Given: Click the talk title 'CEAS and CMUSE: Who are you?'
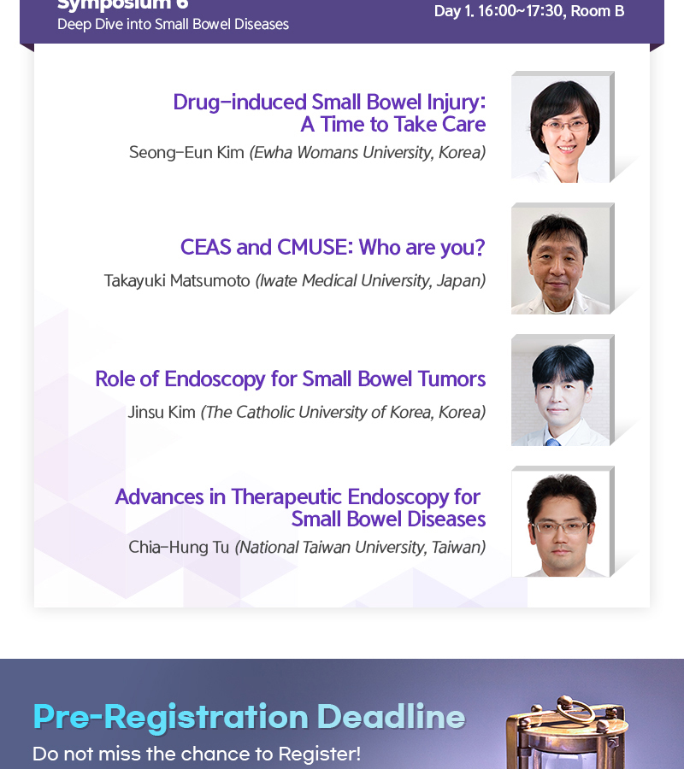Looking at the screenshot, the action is pyautogui.click(x=333, y=248).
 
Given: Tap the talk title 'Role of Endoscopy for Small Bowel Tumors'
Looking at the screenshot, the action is pyautogui.click(x=291, y=379).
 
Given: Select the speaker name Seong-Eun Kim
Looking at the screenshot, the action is pyautogui.click(x=186, y=153).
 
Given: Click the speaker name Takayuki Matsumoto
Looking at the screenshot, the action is pyautogui.click(x=177, y=281).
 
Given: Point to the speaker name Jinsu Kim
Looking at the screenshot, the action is pyautogui.click(x=162, y=412).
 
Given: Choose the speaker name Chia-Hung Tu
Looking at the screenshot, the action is pyautogui.click(x=179, y=548).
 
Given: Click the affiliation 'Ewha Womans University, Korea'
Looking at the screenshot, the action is pyautogui.click(x=368, y=153).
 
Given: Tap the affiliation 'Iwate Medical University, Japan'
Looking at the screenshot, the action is pyautogui.click(x=370, y=281).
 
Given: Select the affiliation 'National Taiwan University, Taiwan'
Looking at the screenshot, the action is pyautogui.click(x=360, y=548).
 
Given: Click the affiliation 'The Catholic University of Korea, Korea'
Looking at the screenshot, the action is pyautogui.click(x=343, y=412).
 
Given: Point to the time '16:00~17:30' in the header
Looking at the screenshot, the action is pyautogui.click(x=521, y=11).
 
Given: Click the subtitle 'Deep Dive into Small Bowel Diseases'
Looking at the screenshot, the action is pyautogui.click(x=174, y=25).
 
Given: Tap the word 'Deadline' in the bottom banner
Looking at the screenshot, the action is pyautogui.click(x=391, y=717).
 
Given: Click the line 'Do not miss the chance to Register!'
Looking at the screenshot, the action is pyautogui.click(x=197, y=754).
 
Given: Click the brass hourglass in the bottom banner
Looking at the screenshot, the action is pyautogui.click(x=567, y=732).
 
